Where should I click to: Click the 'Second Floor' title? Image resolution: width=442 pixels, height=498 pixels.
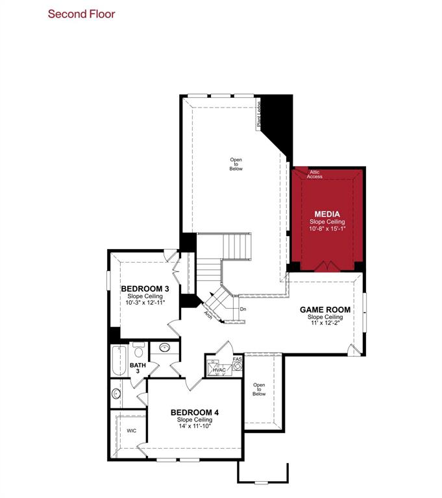(82, 14)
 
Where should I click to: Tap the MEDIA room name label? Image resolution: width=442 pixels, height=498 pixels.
(326, 214)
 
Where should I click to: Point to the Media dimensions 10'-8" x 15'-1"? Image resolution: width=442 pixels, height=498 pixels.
(326, 228)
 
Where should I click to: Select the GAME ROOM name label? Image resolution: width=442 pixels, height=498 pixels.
(325, 309)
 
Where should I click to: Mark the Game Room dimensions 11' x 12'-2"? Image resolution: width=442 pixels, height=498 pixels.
(325, 323)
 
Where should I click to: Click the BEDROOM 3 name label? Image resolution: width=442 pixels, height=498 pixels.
(145, 289)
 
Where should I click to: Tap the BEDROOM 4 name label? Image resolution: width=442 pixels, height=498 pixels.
(195, 412)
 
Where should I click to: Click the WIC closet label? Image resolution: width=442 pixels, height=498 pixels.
(131, 430)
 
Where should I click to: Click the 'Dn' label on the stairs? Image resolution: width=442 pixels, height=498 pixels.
(243, 309)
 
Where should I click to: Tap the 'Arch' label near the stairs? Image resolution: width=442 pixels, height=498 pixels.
(208, 315)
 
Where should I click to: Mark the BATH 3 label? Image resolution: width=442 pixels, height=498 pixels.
(138, 368)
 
